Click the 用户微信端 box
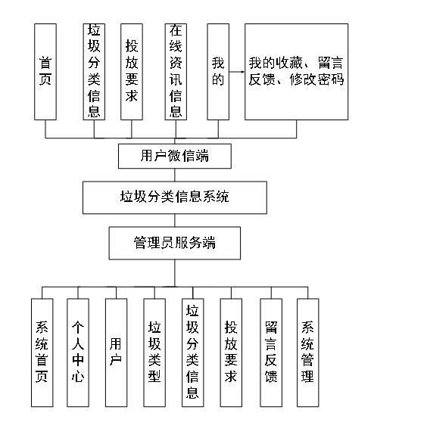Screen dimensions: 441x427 (x=175, y=157)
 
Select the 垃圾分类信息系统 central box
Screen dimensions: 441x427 (x=175, y=197)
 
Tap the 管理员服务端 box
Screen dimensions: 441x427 (x=175, y=243)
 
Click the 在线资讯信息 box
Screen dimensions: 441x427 (x=176, y=71)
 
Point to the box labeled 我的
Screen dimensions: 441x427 (x=218, y=71)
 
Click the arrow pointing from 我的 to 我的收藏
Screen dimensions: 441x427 (x=236, y=73)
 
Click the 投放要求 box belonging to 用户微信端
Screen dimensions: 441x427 (x=132, y=71)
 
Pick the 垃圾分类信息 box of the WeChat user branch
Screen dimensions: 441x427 (x=94, y=71)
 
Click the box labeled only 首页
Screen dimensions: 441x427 (x=45, y=71)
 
